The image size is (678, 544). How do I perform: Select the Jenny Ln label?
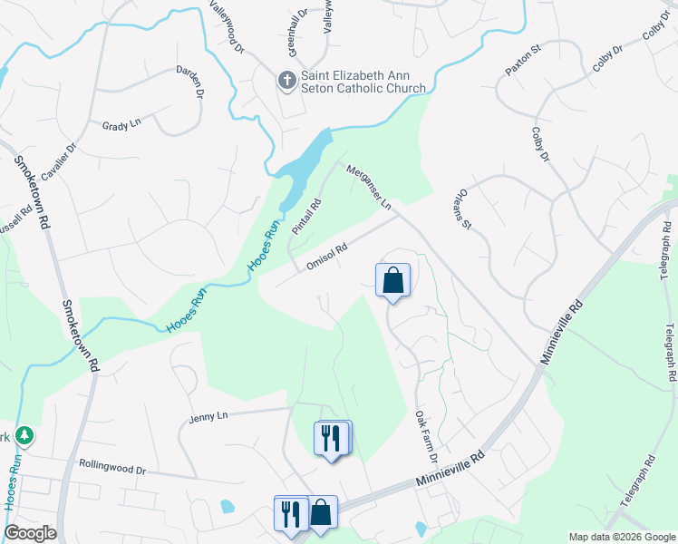pyautogui.click(x=207, y=418)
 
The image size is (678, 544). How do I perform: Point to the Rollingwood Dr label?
pyautogui.click(x=112, y=467)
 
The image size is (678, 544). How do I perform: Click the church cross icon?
pyautogui.click(x=286, y=80)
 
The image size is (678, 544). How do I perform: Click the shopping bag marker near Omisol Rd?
pyautogui.click(x=392, y=280)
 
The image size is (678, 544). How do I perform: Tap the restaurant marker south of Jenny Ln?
pyautogui.click(x=330, y=439)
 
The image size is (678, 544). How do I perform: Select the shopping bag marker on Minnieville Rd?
pyautogui.click(x=322, y=513)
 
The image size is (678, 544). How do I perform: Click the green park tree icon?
pyautogui.click(x=24, y=436)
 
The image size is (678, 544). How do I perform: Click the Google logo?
pyautogui.click(x=30, y=533)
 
